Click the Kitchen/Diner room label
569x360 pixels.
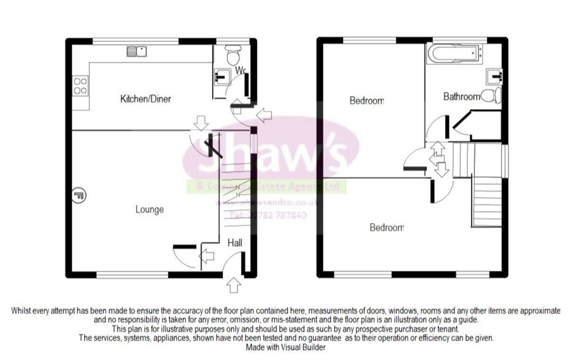click(x=145, y=99)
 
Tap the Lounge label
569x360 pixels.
click(x=149, y=209)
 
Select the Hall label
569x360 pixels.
click(x=235, y=243)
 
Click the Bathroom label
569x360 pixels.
click(x=461, y=97)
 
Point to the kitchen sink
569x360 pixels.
click(x=138, y=51)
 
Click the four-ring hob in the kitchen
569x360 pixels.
click(x=80, y=86)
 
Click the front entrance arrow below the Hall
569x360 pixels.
click(x=234, y=285)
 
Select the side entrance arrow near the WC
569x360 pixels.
click(x=264, y=113)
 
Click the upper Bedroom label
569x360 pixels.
click(x=367, y=101)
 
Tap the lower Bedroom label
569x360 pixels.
click(x=386, y=228)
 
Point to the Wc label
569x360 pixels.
click(x=241, y=71)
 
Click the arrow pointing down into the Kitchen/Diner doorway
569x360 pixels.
click(x=202, y=124)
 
